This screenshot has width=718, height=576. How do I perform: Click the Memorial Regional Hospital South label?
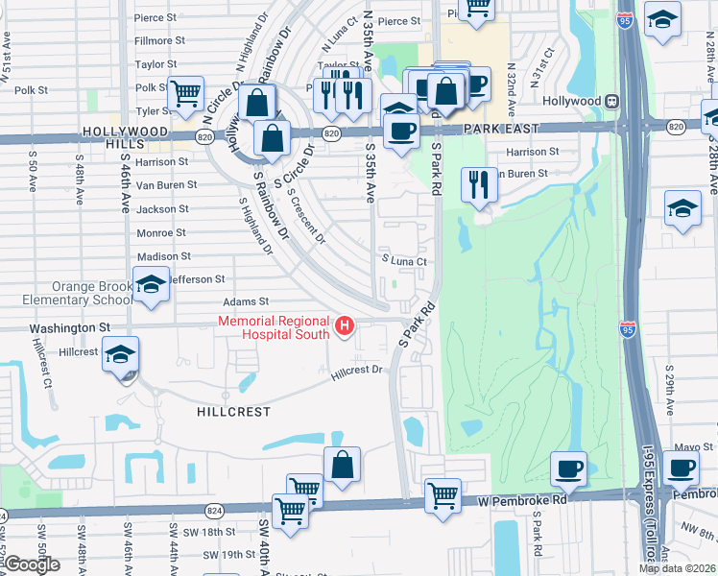274,327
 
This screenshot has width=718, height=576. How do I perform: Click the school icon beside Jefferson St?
151,285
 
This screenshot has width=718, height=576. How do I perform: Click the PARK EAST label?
498,128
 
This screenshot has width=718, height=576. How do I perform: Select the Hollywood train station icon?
610,101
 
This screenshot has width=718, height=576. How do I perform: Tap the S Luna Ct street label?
403,260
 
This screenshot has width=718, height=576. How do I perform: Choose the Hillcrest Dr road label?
357,370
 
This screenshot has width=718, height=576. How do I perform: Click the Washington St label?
69,327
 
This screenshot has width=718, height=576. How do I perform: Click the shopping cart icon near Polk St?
185,92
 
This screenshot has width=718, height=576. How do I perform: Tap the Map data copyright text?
677,568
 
